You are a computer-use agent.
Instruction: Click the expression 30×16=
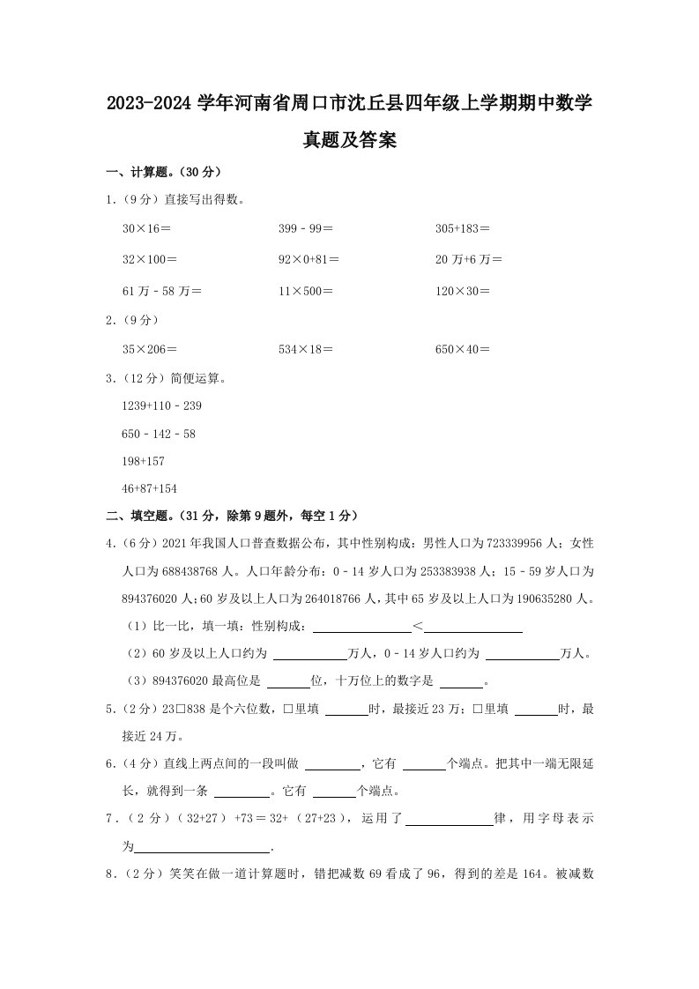pos(146,228)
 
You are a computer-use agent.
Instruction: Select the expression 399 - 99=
pos(306,228)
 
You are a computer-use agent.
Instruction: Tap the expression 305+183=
pos(463,228)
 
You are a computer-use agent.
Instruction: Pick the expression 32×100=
pos(150,259)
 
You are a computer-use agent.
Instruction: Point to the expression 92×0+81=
pos(309,259)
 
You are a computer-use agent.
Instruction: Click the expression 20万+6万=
pos(469,259)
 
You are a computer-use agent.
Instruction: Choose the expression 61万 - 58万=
pos(162,290)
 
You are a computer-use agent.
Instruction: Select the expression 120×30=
pos(463,290)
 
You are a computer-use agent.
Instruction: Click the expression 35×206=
pos(150,349)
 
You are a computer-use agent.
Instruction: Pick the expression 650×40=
pos(463,349)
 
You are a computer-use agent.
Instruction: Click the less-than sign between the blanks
pos(418,627)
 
